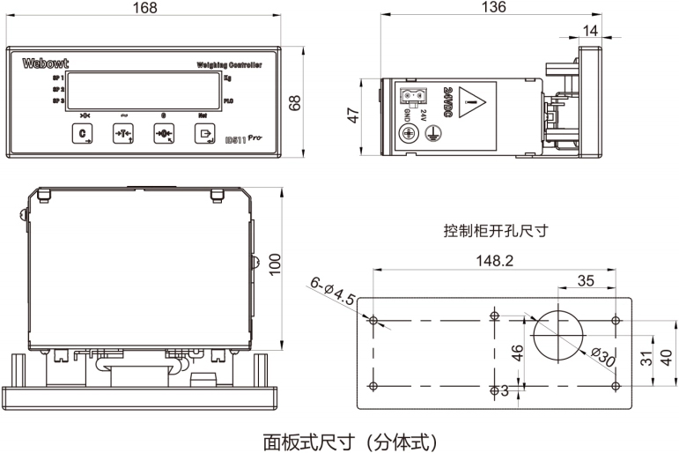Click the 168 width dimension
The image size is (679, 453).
coord(144,8)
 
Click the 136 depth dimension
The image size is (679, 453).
coord(495,8)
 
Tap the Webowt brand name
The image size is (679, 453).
coord(43,63)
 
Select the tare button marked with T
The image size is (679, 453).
coord(124,134)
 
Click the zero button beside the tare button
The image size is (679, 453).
coord(164,134)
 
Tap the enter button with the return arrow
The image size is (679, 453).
coord(205,134)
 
